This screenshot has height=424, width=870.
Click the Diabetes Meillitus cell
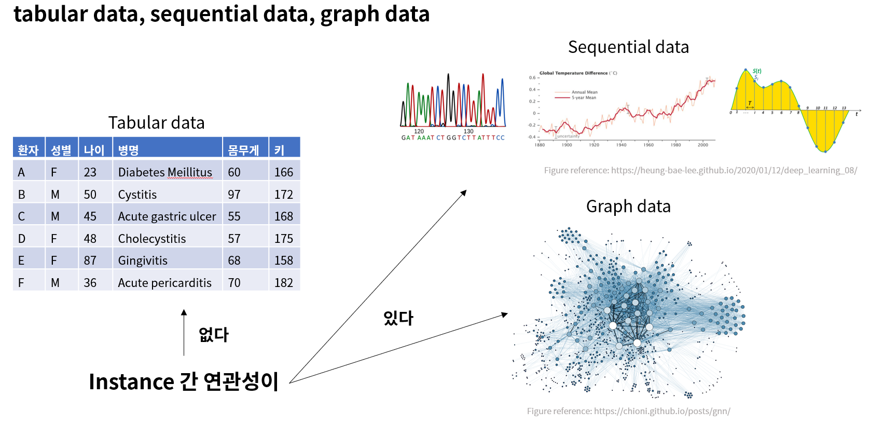pos(165,172)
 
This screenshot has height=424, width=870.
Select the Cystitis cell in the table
pos(137,195)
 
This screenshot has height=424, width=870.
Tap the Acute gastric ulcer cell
pos(167,216)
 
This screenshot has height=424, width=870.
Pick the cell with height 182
pos(284,283)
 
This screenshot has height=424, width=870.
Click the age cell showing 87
pos(90,261)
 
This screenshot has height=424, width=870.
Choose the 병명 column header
pos(128,151)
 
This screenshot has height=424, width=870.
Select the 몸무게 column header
pos(243,151)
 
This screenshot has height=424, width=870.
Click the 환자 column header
pos(28,151)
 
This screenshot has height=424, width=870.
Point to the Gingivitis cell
pos(143,261)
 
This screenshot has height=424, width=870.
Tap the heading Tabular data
pos(156,123)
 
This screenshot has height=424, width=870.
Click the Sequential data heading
pos(628,47)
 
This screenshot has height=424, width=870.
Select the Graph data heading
pos(628,207)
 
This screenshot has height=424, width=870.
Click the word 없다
pos(213,335)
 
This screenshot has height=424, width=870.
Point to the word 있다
pos(398,318)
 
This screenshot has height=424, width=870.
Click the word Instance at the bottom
pos(131,382)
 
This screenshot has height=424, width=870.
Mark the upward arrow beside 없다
pos(184,332)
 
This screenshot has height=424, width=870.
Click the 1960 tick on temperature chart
pos(648,145)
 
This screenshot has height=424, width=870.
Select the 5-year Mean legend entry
pos(584,98)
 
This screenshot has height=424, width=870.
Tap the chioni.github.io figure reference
pos(628,412)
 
